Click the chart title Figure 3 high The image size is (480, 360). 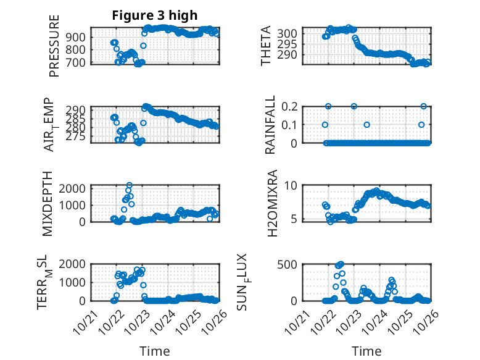tap(154, 15)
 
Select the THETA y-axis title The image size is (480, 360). tap(266, 46)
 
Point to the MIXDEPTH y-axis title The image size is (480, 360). tap(48, 203)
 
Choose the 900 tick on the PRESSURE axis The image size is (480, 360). tap(78, 37)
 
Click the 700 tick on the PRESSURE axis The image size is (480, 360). tap(78, 62)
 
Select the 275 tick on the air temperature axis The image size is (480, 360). tap(78, 136)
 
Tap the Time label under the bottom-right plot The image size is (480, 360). tap(366, 351)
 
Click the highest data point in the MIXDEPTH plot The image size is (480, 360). tap(130, 185)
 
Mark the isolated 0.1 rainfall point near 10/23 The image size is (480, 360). tap(366, 125)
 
